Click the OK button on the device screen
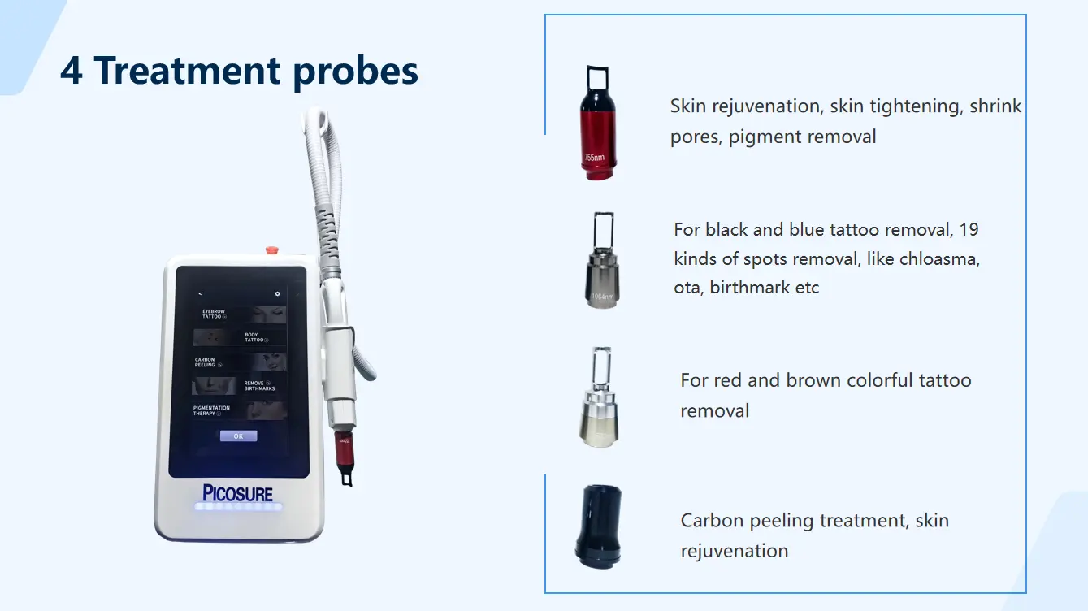pos(238,436)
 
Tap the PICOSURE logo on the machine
pos(237,493)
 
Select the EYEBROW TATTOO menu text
pos(213,314)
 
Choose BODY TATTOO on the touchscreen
pos(255,337)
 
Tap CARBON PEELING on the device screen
pos(206,362)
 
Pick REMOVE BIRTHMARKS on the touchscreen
pos(258,385)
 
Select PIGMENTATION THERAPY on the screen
pos(211,410)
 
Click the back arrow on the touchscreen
pos(201,293)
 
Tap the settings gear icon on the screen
pos(277,293)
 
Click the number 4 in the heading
pos(72,71)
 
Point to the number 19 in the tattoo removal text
pos(969,230)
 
